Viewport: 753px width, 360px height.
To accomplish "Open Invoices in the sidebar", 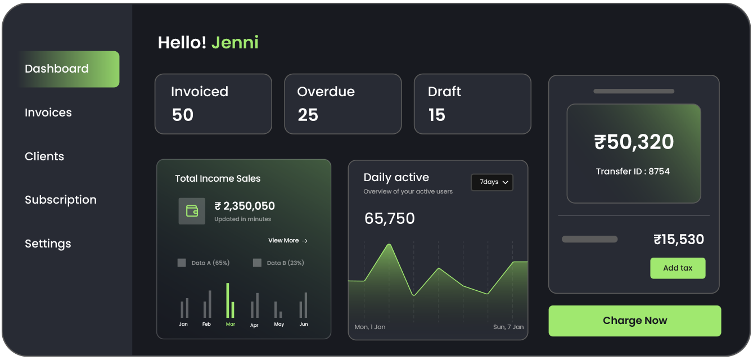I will click(48, 112).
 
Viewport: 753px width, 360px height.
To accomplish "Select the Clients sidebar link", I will click(44, 156).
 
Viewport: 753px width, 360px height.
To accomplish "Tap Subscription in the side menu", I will click(61, 200).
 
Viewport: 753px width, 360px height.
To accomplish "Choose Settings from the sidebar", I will click(48, 244).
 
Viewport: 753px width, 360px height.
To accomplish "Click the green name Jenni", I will click(235, 43).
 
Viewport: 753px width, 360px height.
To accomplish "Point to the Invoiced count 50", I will click(183, 115).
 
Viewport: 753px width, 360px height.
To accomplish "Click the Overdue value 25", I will click(308, 115).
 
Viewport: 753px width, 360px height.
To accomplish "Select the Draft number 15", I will click(436, 115).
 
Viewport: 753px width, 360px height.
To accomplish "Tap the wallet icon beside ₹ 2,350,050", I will click(192, 211).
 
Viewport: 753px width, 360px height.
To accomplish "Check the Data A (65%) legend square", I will click(182, 263).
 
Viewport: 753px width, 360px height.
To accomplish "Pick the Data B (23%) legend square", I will click(257, 263).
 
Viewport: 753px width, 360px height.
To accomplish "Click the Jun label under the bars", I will click(304, 324).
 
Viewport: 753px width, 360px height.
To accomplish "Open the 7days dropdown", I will click(492, 182).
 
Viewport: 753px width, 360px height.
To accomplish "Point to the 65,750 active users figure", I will click(390, 218).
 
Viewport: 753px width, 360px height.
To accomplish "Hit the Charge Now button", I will click(634, 321).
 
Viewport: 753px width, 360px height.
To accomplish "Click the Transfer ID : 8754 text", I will click(633, 172).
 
